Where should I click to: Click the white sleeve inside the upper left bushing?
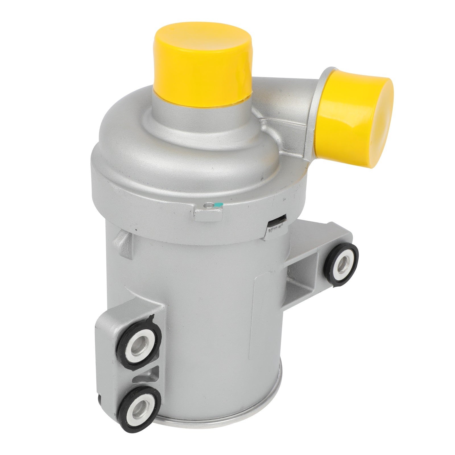coord(134,348)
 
